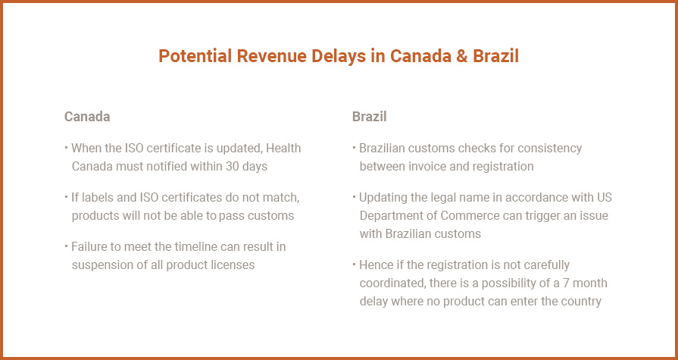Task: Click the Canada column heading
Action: pos(87,117)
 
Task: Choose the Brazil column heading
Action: pos(369,117)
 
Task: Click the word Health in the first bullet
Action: pos(283,148)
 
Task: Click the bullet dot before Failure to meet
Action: pos(66,246)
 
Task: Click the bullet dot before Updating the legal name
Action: pos(354,197)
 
